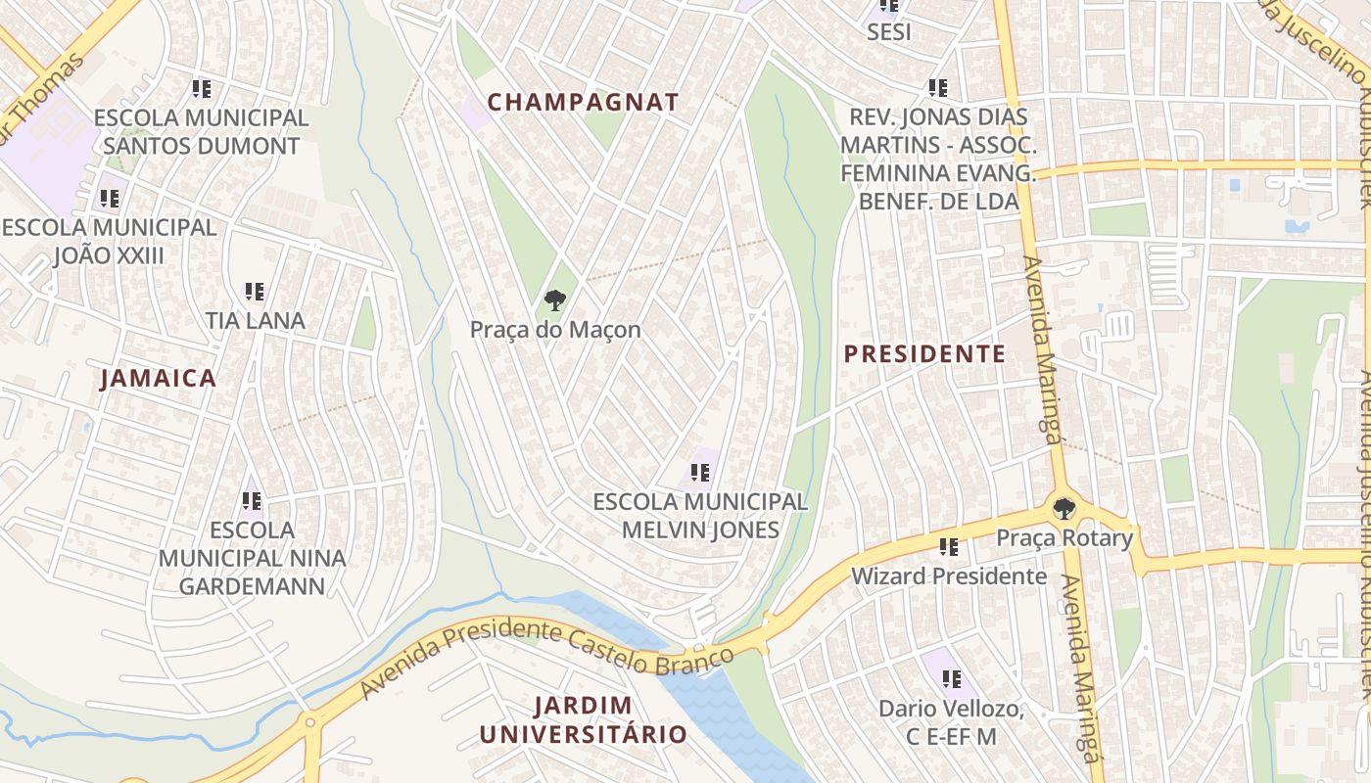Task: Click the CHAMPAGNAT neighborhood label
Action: (x=583, y=102)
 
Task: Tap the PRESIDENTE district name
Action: (x=924, y=354)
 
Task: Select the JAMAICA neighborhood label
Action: (x=158, y=379)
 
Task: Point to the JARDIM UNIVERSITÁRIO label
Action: (x=583, y=719)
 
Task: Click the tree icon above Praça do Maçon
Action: (x=554, y=299)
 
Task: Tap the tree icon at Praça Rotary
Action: (x=1064, y=509)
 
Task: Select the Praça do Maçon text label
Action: (x=555, y=330)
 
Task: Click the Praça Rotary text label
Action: (x=1064, y=537)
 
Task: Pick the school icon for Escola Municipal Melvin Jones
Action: (x=700, y=473)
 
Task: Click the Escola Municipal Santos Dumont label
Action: (x=201, y=132)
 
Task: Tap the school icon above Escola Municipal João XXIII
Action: (x=110, y=199)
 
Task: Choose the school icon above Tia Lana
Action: (x=255, y=291)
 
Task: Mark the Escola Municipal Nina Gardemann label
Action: (x=252, y=558)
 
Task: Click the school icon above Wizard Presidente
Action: (x=948, y=546)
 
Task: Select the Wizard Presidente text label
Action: (x=949, y=576)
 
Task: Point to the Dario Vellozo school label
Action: (x=951, y=722)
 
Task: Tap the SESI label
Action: (x=888, y=32)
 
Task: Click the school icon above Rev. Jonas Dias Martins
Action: (x=938, y=88)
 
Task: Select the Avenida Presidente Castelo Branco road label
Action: (x=546, y=648)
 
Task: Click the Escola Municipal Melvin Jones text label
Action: (x=700, y=516)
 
